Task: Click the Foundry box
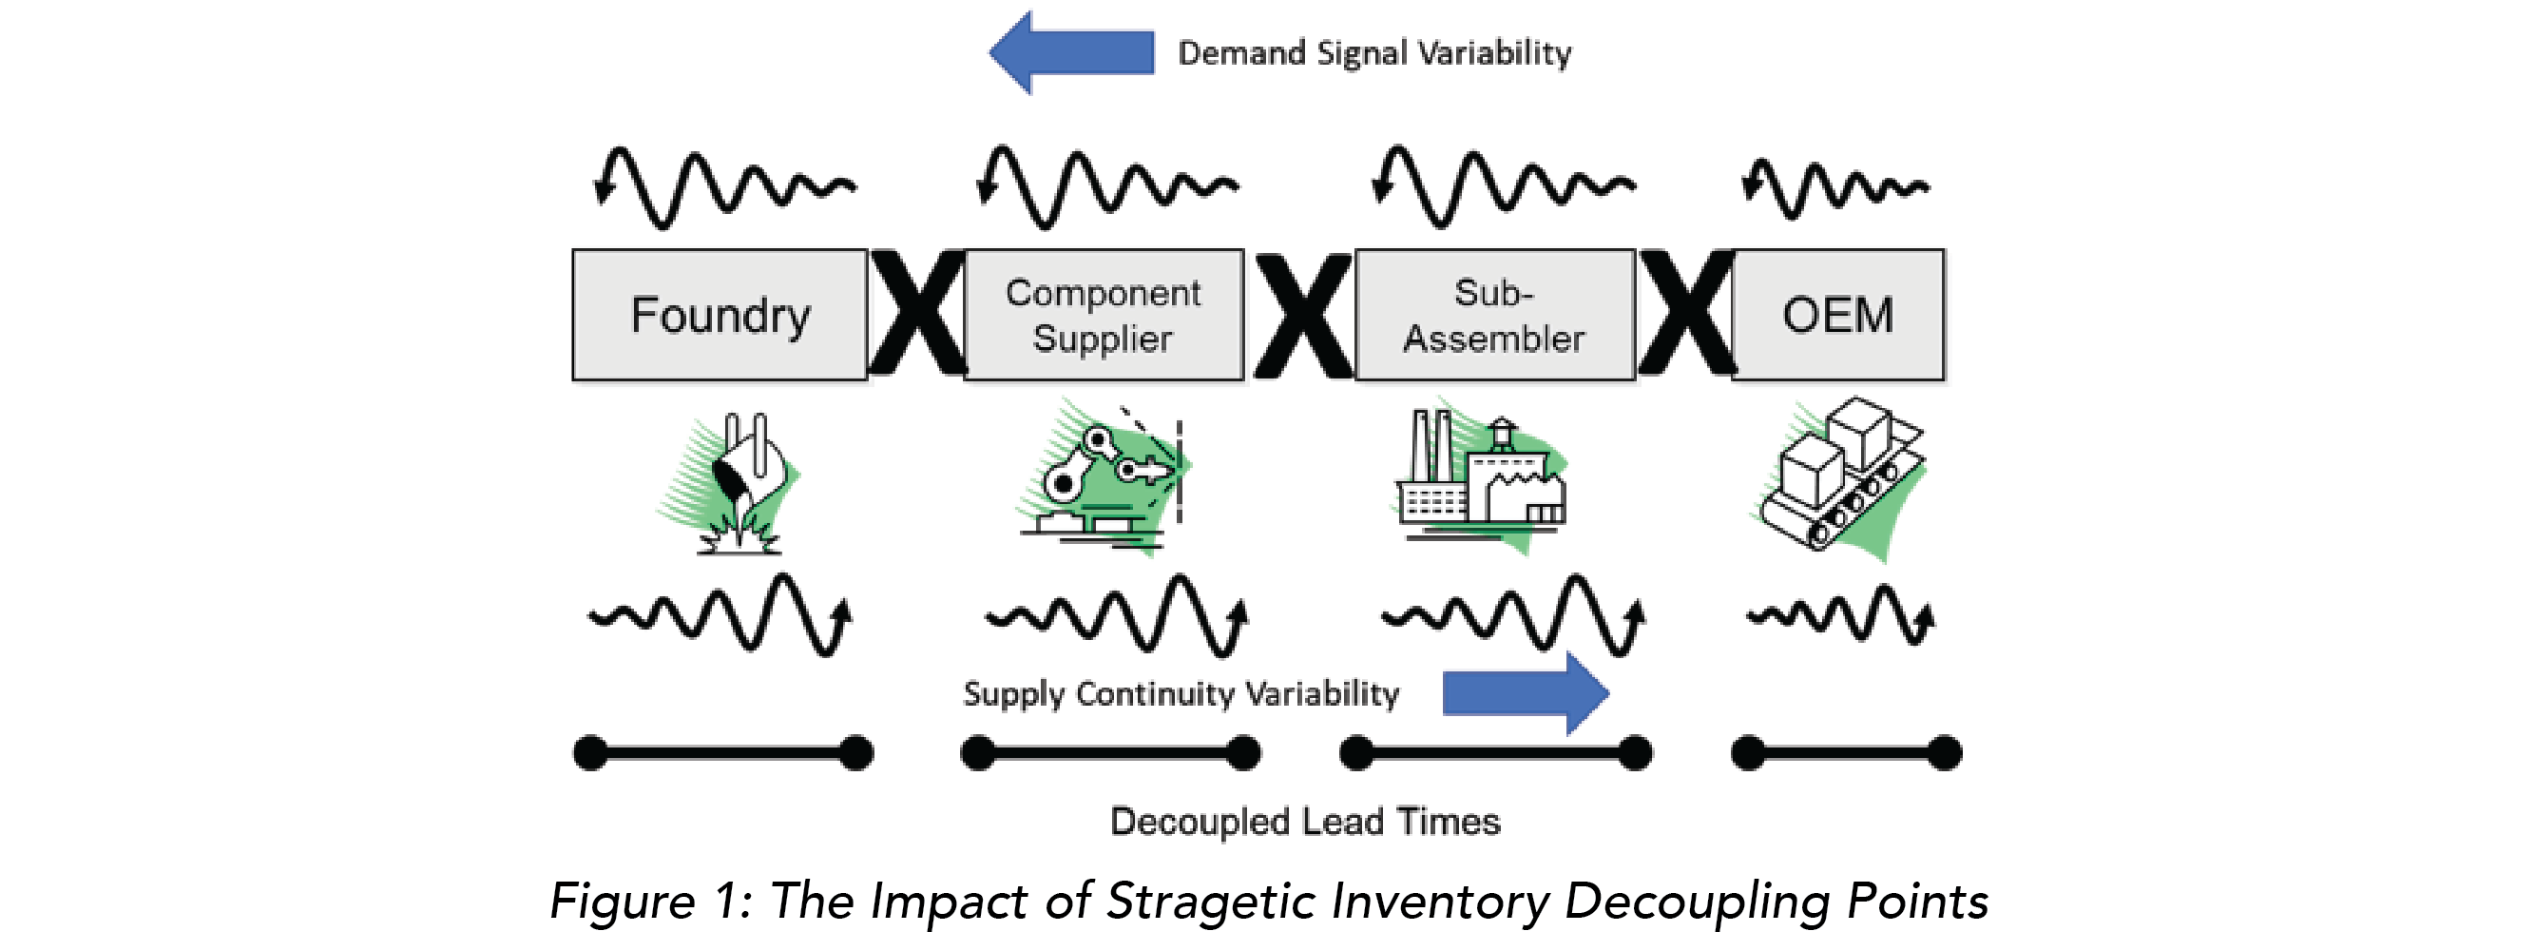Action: pyautogui.click(x=720, y=315)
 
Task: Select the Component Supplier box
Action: pyautogui.click(x=1104, y=315)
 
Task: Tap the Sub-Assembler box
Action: pyautogui.click(x=1494, y=315)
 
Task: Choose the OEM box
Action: pyautogui.click(x=1837, y=315)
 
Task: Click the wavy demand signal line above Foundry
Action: pyautogui.click(x=725, y=187)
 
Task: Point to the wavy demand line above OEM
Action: pyautogui.click(x=1835, y=187)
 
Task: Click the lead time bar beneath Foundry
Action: pyautogui.click(x=723, y=753)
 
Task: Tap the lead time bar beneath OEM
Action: pyautogui.click(x=1846, y=753)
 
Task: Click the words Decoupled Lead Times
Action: pyautogui.click(x=1305, y=822)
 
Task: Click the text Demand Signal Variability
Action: pyautogui.click(x=1373, y=52)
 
